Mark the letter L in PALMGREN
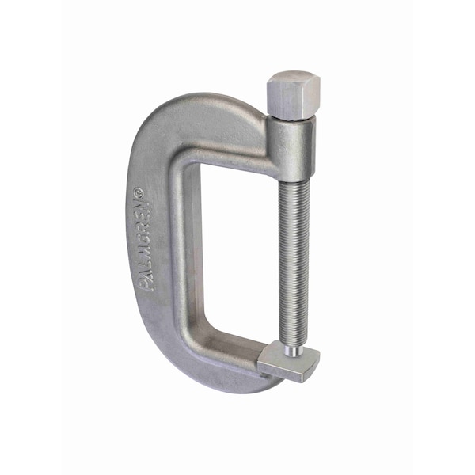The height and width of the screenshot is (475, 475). (x=154, y=267)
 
